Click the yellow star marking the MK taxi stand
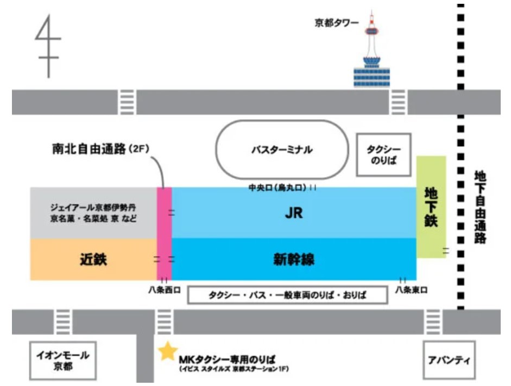[168, 351]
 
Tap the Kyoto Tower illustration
[372, 54]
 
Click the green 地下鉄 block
[431, 207]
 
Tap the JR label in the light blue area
[293, 214]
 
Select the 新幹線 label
[294, 259]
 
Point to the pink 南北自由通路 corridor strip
[164, 234]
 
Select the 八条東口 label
[411, 290]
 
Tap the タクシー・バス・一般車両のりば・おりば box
[288, 295]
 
